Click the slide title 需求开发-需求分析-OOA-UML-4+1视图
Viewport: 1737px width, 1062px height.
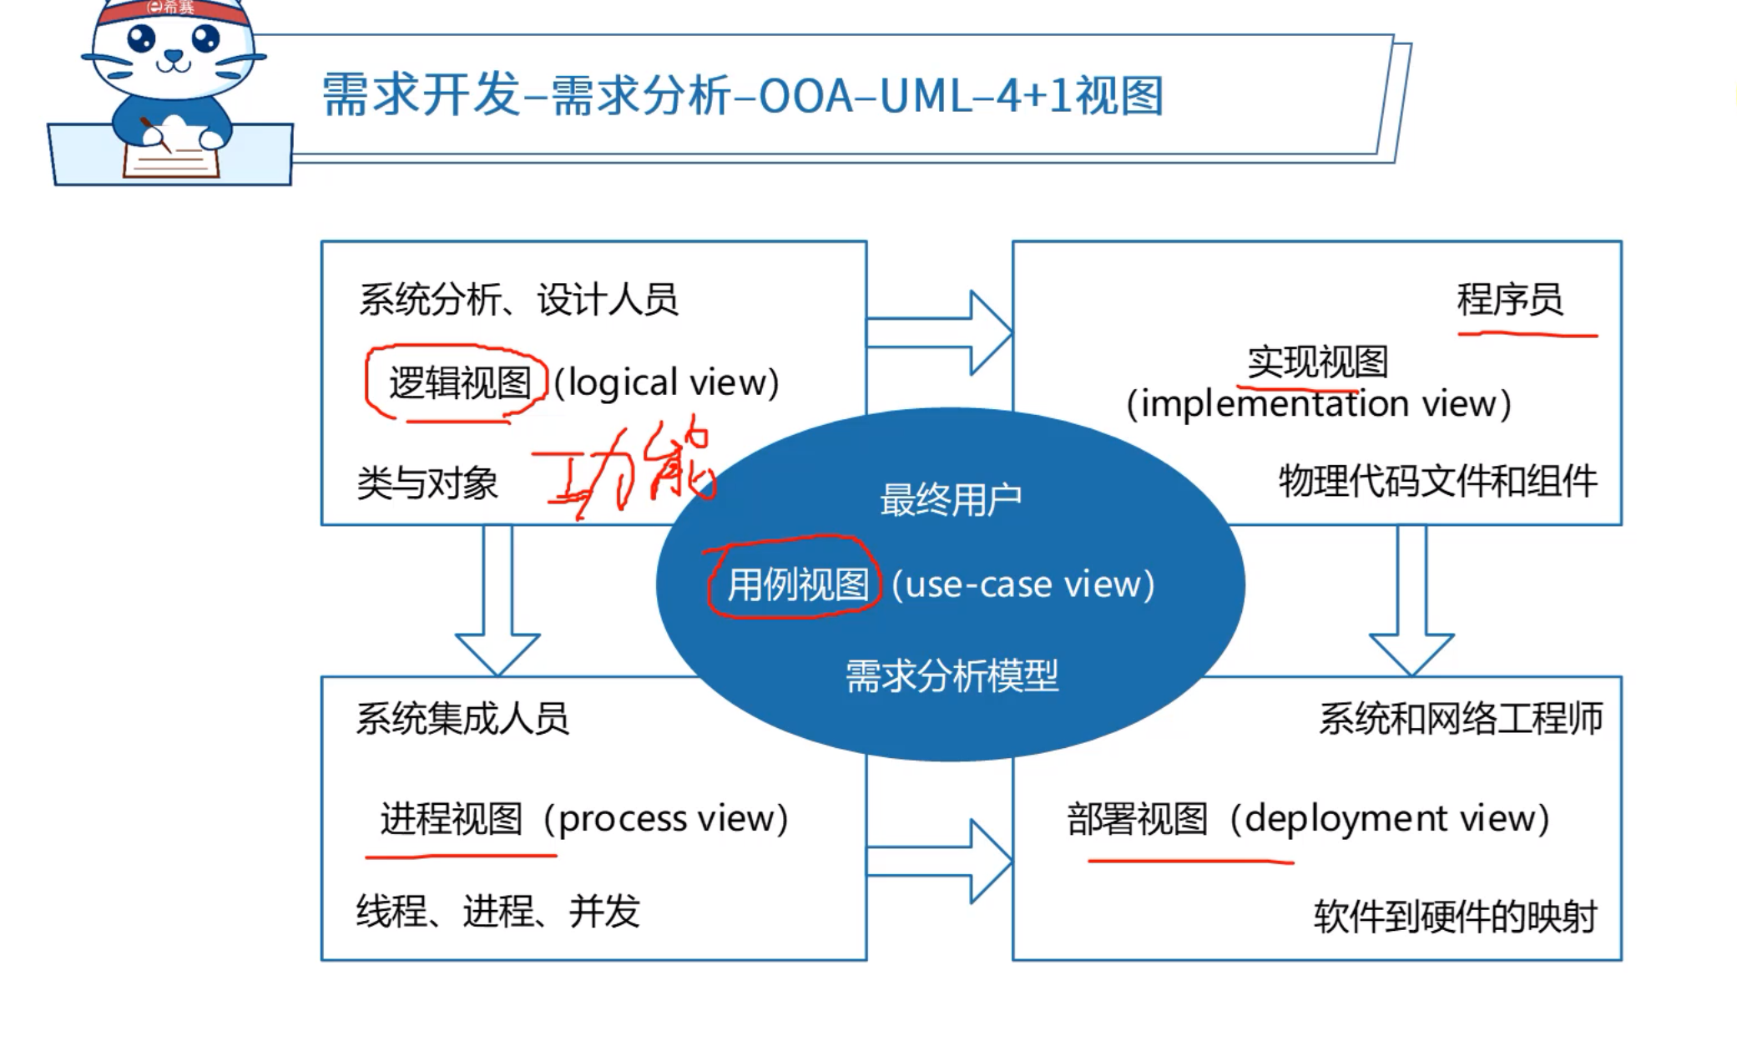click(x=742, y=94)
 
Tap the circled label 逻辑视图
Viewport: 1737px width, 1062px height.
click(x=460, y=383)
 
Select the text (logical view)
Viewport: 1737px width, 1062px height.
click(x=666, y=383)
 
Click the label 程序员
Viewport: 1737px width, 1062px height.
click(x=1509, y=300)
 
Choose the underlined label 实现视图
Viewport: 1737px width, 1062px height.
click(x=1317, y=362)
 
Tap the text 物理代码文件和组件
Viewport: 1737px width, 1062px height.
click(x=1437, y=482)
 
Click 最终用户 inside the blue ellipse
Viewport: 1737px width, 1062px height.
click(x=951, y=500)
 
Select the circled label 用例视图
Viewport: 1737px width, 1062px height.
click(x=798, y=584)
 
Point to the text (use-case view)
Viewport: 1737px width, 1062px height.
click(x=1023, y=584)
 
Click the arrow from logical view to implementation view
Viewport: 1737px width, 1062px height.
click(x=940, y=332)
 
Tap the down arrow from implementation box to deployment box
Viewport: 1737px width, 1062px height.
click(x=1411, y=601)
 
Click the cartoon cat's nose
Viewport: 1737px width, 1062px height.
click(x=173, y=56)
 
